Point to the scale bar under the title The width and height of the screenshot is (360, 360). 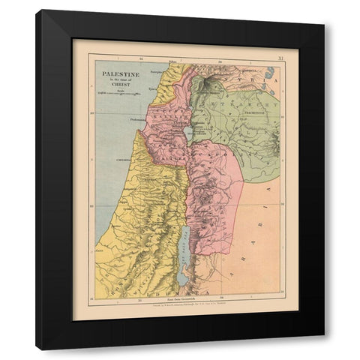click(114, 94)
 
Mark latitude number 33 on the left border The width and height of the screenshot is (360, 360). click(91, 114)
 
